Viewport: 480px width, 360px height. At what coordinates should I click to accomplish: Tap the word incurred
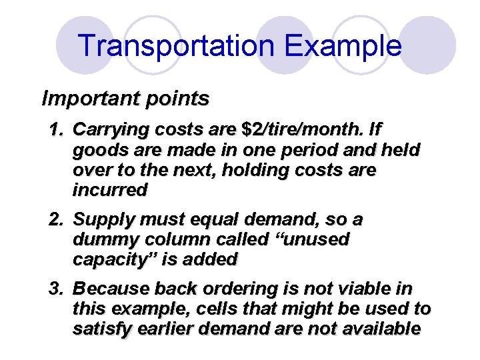click(x=109, y=190)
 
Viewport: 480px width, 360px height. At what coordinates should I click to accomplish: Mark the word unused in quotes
click(x=317, y=239)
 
